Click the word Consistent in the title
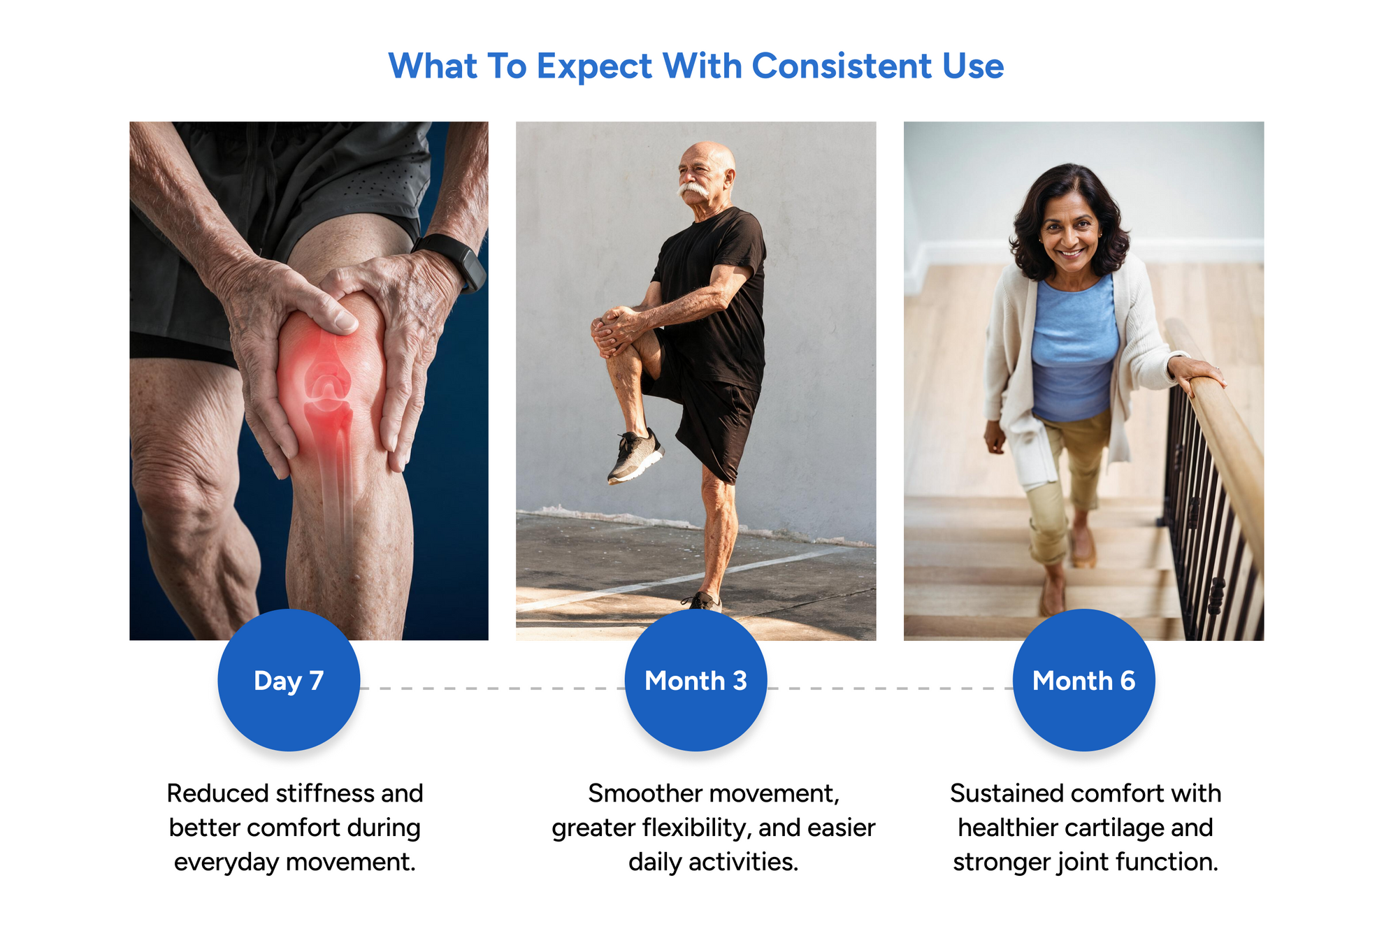coord(842,66)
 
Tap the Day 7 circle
coord(289,680)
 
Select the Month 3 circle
coord(696,680)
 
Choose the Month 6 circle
coord(1083,680)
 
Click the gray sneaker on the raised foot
coord(634,456)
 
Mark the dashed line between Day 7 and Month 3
coord(492,688)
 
